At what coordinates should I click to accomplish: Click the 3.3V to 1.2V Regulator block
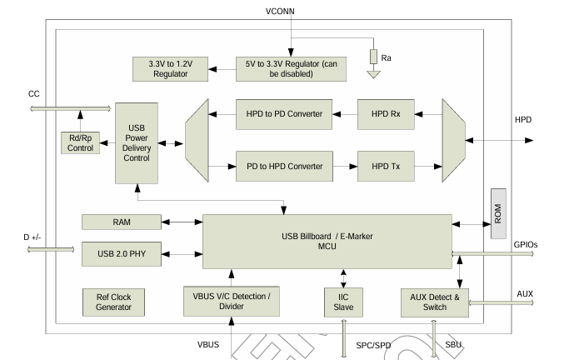click(171, 68)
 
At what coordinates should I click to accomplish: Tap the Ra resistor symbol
click(374, 57)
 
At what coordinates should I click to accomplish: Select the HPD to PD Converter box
click(284, 113)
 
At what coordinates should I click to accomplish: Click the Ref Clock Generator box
click(114, 302)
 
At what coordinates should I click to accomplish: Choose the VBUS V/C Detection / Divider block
click(231, 302)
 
